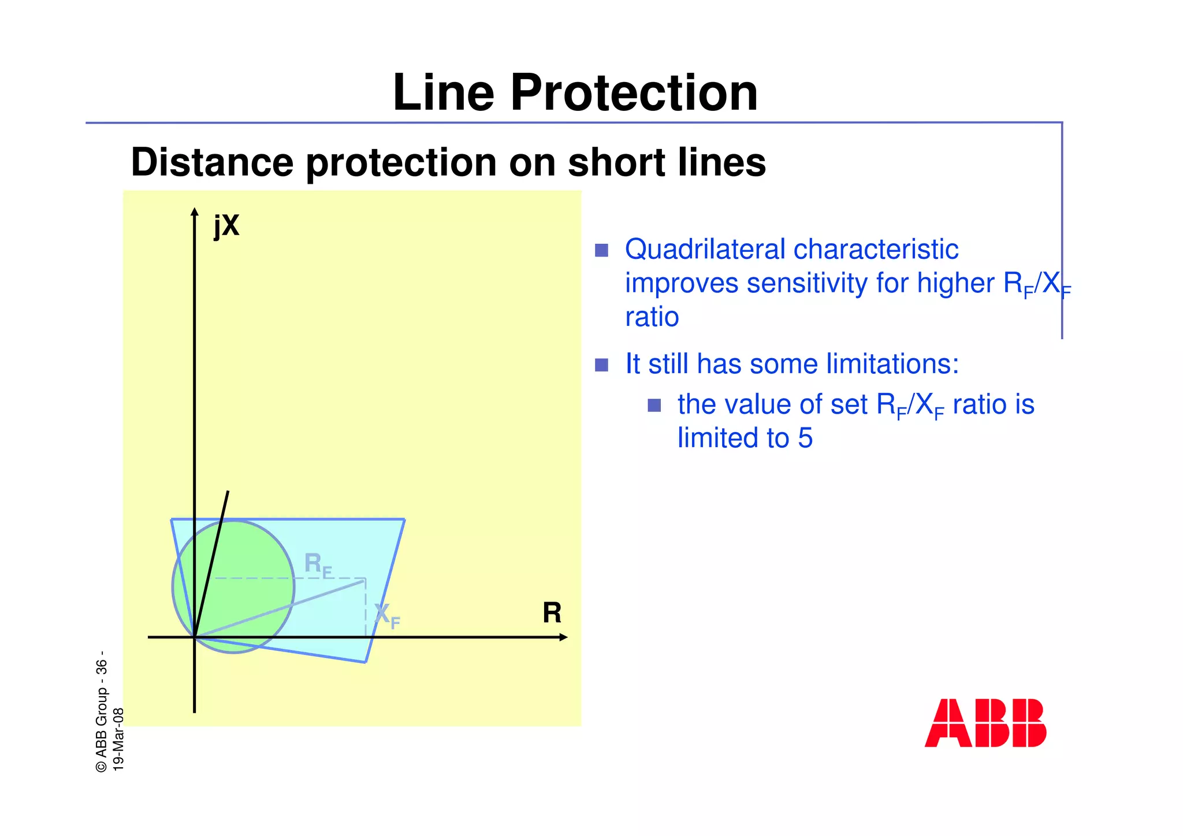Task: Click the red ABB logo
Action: pos(985,723)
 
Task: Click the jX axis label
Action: pos(226,225)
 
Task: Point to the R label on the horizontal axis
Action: pos(552,613)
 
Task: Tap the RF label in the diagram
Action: pos(318,564)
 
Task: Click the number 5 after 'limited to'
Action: pos(805,438)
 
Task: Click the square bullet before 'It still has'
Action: pos(601,365)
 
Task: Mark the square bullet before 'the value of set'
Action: pos(654,405)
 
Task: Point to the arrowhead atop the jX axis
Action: pos(195,211)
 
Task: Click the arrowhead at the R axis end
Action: pos(564,637)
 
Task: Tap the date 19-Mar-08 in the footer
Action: pos(118,739)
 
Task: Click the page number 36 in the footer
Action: pos(102,668)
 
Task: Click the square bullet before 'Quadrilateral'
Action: pos(601,250)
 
